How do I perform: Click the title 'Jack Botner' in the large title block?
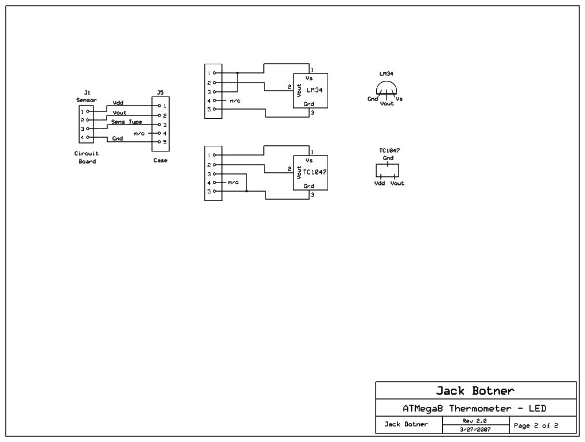(x=475, y=391)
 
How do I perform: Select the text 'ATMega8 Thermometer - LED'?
(x=474, y=409)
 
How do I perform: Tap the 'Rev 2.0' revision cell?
(x=474, y=421)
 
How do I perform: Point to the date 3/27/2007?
(x=474, y=429)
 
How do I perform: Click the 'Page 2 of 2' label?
(x=536, y=425)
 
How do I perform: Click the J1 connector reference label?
(x=87, y=92)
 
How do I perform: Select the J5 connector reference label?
(x=160, y=92)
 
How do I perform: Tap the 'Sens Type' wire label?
(x=127, y=122)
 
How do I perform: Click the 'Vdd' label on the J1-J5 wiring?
(x=118, y=103)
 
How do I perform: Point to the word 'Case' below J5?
(x=160, y=160)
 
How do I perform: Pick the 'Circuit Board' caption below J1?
(x=87, y=157)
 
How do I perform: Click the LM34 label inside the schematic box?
(x=314, y=90)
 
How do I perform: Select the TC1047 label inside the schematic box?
(x=315, y=172)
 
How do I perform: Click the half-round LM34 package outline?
(x=387, y=88)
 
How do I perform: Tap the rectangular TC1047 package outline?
(x=387, y=170)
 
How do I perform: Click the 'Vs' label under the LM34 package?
(x=399, y=99)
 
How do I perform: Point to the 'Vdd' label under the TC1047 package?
(x=379, y=183)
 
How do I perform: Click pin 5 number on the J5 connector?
(x=165, y=142)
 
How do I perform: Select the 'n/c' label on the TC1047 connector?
(x=233, y=182)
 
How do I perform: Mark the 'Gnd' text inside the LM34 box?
(x=309, y=104)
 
